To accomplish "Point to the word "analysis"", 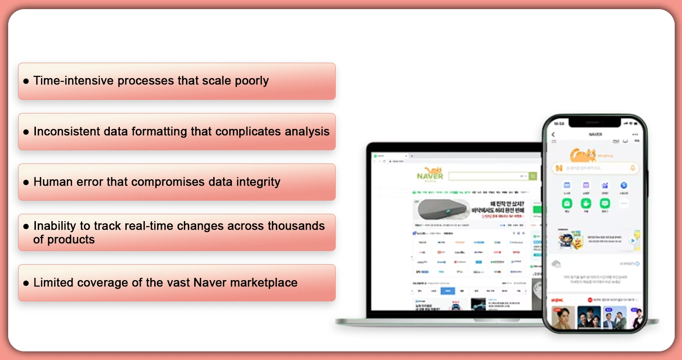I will coord(307,132).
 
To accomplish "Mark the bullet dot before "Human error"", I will coord(26,182).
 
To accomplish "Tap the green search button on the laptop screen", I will coord(533,176).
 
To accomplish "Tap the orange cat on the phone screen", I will coord(583,155).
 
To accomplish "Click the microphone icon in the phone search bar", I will coord(633,168).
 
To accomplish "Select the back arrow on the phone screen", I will coord(553,134).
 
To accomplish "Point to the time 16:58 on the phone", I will coord(559,123).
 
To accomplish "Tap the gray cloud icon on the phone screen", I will coord(556,264).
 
